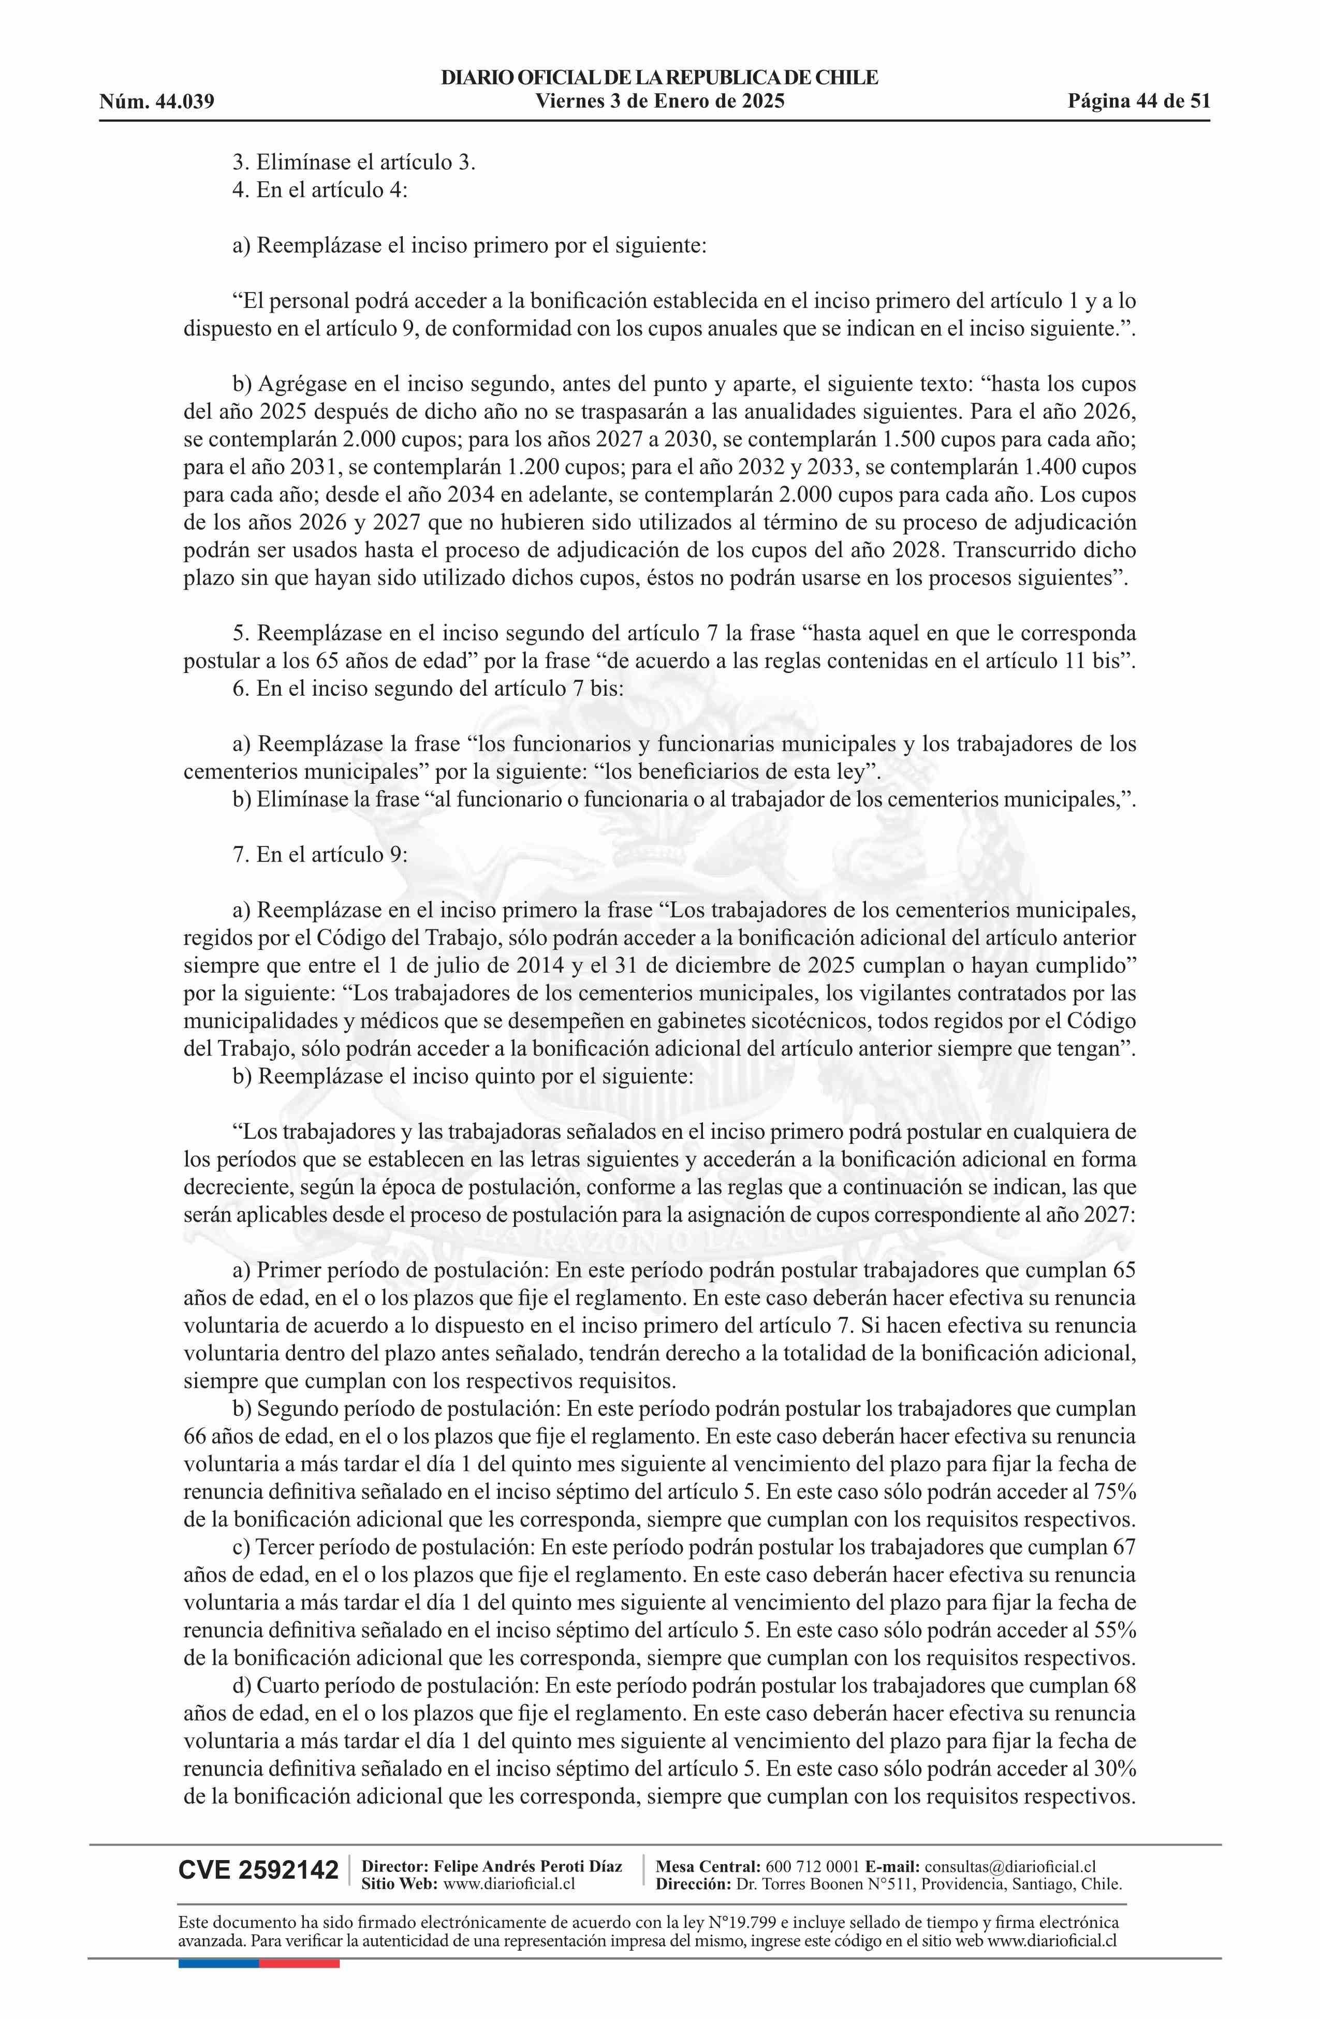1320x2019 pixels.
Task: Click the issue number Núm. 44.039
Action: pyautogui.click(x=156, y=103)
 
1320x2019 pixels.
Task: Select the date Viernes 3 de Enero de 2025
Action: pyautogui.click(x=659, y=102)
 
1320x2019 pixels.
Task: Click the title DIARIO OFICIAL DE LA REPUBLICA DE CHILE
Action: pyautogui.click(x=659, y=78)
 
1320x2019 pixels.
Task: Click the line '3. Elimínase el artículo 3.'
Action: pyautogui.click(x=354, y=162)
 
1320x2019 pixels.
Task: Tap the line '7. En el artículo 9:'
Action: pyautogui.click(x=320, y=854)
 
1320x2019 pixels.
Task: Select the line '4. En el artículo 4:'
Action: pyautogui.click(x=320, y=190)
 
